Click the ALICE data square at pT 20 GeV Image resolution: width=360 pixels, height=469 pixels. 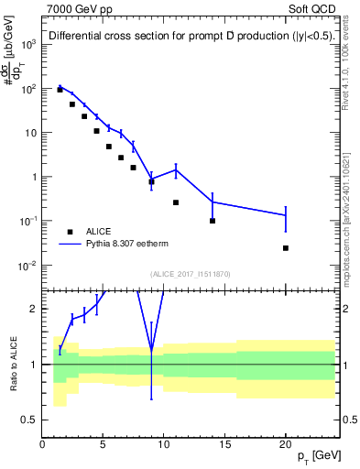coord(286,248)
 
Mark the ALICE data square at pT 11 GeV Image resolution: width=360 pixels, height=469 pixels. coord(176,202)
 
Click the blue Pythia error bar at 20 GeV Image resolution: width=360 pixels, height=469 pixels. coord(286,216)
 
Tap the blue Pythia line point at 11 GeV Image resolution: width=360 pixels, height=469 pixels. coord(176,169)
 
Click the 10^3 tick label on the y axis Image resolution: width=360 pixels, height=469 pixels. coord(27,44)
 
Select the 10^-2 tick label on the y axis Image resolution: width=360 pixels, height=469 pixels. coord(27,266)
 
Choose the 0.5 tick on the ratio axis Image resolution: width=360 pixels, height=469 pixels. coord(30,420)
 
